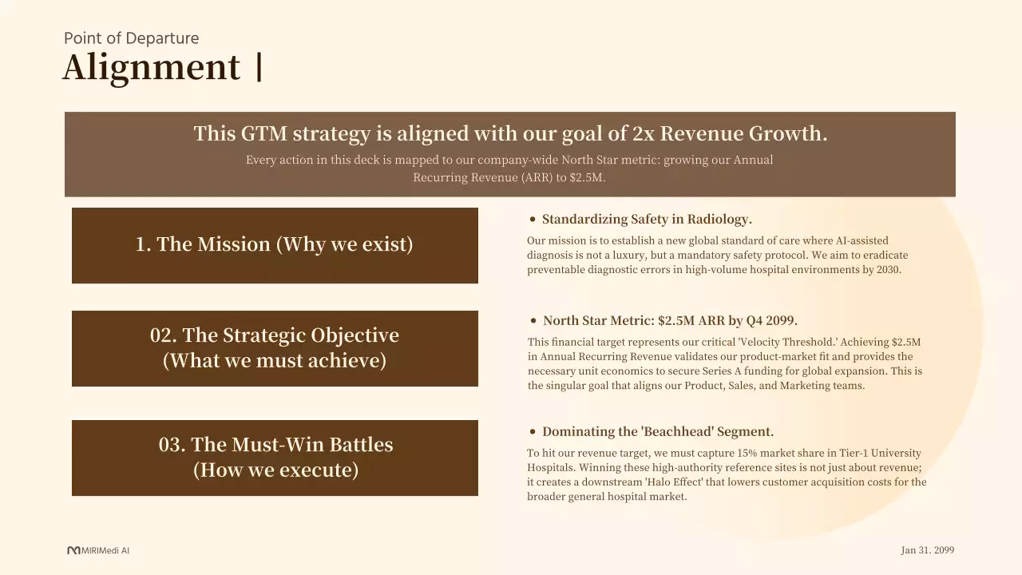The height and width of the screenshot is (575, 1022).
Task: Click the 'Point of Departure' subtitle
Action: point(132,38)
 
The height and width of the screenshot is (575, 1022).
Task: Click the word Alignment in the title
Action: point(151,68)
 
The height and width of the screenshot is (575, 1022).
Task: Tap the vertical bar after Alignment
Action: point(259,67)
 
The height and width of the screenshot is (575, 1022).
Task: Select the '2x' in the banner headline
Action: point(644,133)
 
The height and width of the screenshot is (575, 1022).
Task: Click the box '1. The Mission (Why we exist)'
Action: point(275,245)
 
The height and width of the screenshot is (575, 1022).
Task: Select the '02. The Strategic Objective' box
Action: point(275,349)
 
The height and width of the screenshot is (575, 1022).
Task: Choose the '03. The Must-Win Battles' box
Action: point(275,458)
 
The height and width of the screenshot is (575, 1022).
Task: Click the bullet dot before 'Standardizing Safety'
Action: point(533,220)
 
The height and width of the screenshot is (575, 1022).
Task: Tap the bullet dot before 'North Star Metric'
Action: point(533,321)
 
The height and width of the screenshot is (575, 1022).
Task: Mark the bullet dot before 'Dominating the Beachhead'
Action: point(533,432)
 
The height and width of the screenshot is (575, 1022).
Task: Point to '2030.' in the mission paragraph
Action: point(889,270)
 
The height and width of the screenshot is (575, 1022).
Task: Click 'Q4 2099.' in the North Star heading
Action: point(771,321)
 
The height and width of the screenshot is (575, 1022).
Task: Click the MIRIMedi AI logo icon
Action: point(73,550)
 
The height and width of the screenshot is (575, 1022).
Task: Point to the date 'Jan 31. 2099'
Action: point(928,550)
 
